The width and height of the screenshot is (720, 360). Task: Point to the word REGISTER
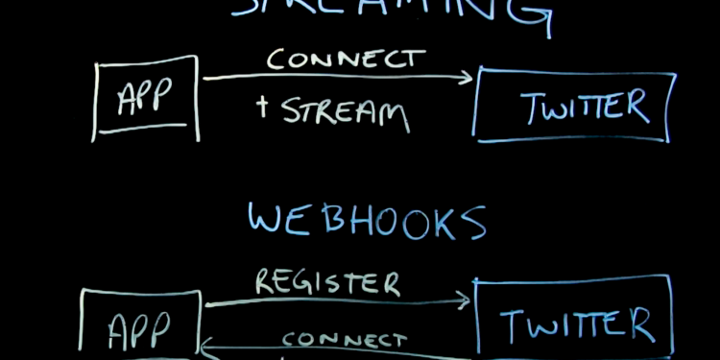point(325,282)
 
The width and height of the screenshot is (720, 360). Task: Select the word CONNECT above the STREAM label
point(345,59)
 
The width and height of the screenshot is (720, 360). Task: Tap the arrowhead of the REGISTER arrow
point(465,301)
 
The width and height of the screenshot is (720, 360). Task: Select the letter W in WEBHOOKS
point(267,219)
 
